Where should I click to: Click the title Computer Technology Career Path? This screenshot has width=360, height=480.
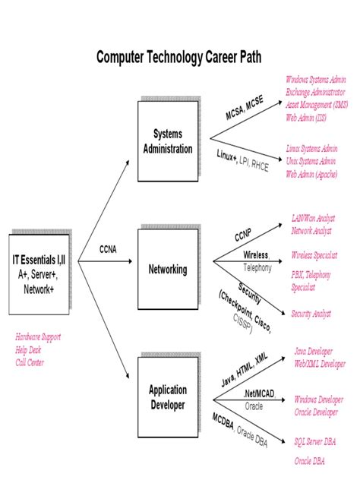179,58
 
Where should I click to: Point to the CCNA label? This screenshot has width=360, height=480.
109,249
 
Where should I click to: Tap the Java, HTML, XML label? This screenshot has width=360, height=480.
245,370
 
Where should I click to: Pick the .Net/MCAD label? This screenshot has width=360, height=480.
259,394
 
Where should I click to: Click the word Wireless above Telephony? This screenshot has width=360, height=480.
256,256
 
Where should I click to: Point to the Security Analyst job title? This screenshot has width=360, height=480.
311,313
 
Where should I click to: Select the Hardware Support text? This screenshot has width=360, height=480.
38,336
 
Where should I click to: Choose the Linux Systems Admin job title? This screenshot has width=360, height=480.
312,149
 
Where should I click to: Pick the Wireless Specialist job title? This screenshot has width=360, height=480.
314,255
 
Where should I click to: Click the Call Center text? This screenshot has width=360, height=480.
30,362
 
